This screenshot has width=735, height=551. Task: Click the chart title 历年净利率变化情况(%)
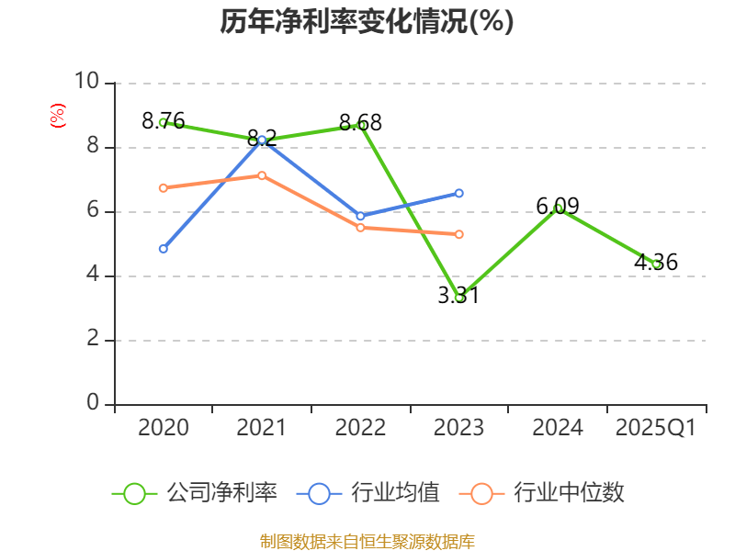point(367,22)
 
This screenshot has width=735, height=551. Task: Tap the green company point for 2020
point(164,122)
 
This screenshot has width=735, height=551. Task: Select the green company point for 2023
point(459,298)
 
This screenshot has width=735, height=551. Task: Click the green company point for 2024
point(559,208)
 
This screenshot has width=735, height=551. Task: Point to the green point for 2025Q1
point(656,264)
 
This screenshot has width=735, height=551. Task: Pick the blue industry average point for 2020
point(164,249)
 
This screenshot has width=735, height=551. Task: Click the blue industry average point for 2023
point(459,193)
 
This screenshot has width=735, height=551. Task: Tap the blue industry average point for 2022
point(360,216)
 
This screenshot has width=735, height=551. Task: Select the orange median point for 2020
point(164,188)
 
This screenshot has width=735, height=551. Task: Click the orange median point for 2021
point(262,175)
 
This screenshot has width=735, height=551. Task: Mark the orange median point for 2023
point(459,234)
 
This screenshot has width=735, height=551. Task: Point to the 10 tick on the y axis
point(86,83)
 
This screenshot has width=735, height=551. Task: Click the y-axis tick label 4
point(93,275)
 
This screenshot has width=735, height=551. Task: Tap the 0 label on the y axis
point(93,403)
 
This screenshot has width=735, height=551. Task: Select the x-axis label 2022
point(360,428)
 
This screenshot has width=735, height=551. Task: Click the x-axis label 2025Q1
point(656,428)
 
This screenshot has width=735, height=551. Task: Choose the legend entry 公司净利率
point(195,493)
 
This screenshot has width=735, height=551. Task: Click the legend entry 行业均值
point(368,493)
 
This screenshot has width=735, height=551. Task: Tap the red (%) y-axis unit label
point(57,117)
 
